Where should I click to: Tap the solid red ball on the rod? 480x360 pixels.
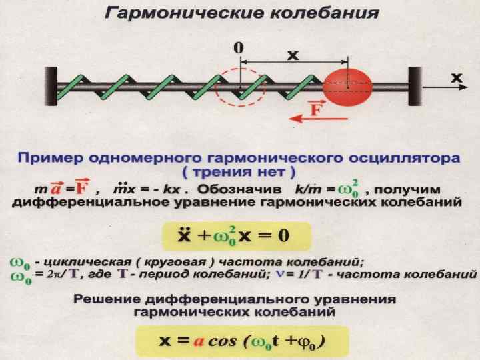pyautogui.click(x=348, y=87)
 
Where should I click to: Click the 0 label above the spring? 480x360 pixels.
pyautogui.click(x=237, y=48)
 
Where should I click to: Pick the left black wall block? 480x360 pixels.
pyautogui.click(x=52, y=87)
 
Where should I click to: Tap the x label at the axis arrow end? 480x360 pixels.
pyautogui.click(x=457, y=77)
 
